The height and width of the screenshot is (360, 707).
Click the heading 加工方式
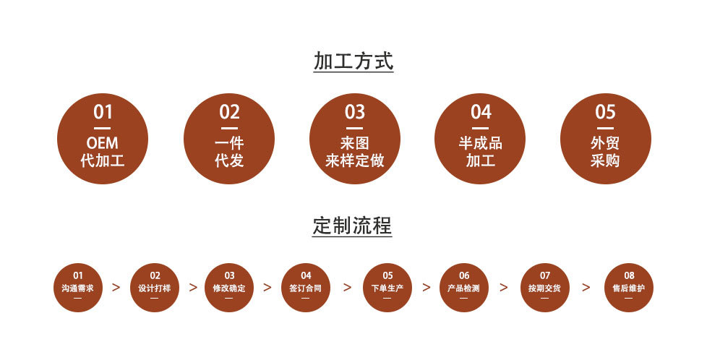(353, 61)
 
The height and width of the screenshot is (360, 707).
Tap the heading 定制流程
(353, 226)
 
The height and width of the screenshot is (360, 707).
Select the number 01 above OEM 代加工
(103, 112)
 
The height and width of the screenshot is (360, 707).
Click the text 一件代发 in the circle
(229, 152)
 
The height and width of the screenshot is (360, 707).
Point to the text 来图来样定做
(354, 152)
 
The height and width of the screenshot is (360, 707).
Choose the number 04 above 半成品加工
(481, 112)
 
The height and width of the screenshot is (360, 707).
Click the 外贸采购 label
(605, 152)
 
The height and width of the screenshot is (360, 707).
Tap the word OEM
(103, 143)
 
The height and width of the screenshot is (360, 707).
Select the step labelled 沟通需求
(78, 288)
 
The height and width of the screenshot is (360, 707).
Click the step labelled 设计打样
(155, 288)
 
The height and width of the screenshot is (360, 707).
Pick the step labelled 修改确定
(229, 288)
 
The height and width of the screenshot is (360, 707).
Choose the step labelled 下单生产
(387, 288)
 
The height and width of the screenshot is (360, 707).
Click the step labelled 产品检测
(464, 288)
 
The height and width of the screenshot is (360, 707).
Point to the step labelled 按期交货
(544, 288)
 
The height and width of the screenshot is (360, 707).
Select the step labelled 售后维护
(628, 288)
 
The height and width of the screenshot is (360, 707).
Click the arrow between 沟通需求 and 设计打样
(116, 287)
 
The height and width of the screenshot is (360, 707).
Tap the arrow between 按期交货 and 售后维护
(586, 287)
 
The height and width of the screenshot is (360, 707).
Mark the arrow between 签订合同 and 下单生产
(347, 287)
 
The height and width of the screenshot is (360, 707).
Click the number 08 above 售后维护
(629, 275)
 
